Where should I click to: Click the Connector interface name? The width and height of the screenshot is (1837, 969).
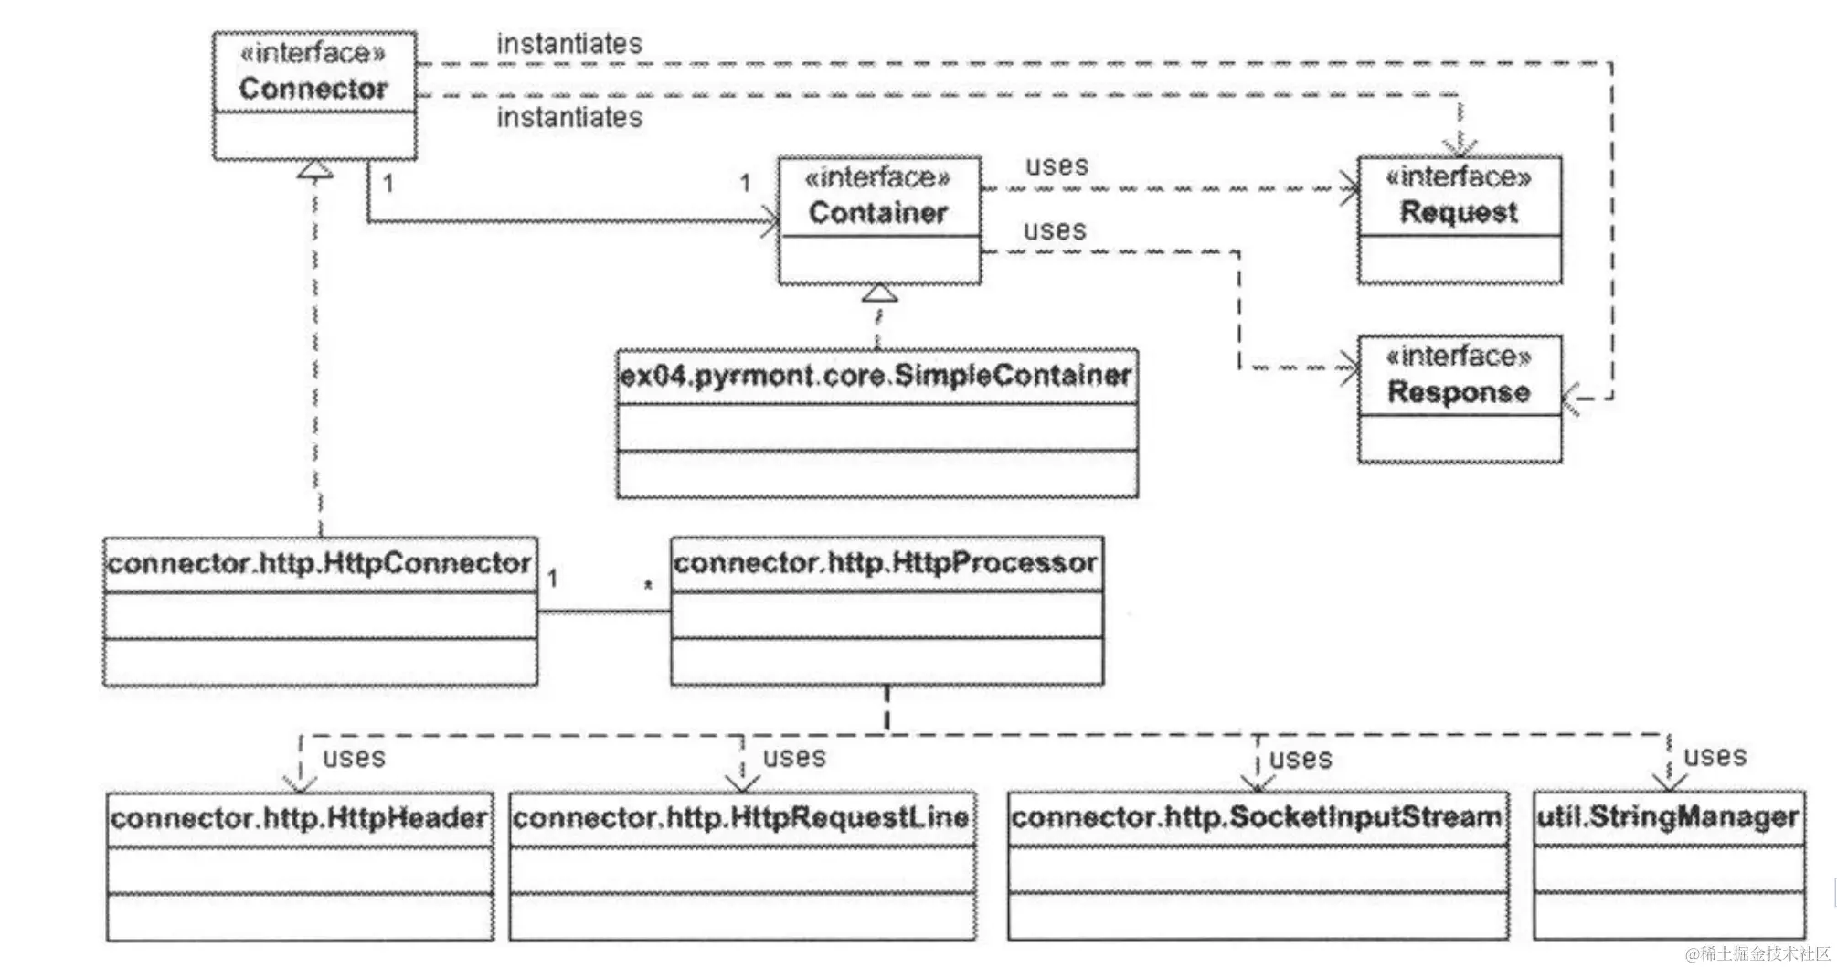click(313, 89)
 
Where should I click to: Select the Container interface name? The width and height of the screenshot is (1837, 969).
click(877, 213)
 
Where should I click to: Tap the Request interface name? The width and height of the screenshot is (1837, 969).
click(1459, 212)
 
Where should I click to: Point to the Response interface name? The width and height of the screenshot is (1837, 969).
click(1459, 392)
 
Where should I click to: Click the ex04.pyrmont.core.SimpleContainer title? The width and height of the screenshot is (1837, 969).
click(876, 376)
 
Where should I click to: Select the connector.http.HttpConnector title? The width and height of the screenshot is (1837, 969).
click(319, 563)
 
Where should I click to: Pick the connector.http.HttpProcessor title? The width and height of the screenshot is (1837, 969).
click(885, 562)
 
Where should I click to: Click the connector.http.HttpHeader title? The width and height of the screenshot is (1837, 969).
click(299, 817)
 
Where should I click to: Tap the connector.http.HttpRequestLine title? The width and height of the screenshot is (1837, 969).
click(740, 817)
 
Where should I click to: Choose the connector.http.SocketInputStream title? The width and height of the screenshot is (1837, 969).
click(1257, 817)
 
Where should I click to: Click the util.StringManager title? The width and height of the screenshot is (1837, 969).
click(1668, 816)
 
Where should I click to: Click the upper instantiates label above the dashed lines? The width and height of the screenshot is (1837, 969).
click(568, 43)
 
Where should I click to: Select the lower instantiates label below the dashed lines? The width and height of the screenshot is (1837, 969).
click(568, 117)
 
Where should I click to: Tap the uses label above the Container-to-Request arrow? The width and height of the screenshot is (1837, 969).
click(1057, 165)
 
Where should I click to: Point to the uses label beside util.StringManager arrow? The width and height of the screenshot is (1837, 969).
click(1715, 756)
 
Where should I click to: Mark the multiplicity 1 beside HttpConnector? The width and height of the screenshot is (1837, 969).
click(552, 579)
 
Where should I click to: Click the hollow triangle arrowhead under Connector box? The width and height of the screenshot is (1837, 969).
click(315, 169)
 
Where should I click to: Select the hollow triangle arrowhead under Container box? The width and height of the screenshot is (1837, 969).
click(879, 293)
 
